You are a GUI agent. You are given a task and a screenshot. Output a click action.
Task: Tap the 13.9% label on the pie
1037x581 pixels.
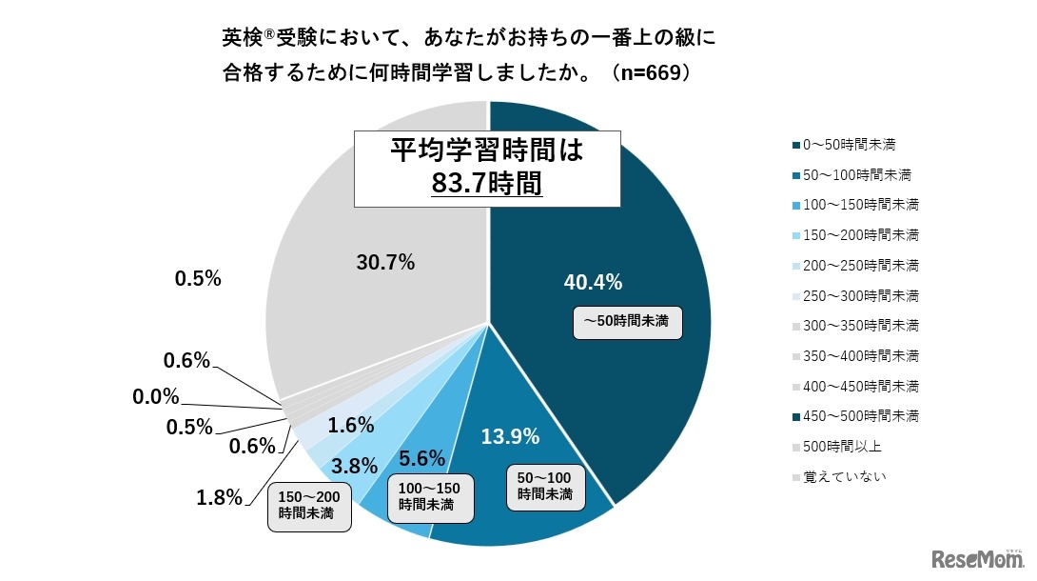coord(510,437)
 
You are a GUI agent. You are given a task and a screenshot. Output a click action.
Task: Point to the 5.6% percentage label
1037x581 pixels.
coord(421,459)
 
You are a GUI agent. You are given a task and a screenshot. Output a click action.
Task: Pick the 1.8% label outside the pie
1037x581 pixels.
coord(219,496)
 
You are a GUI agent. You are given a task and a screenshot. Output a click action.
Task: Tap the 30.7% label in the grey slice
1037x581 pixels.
coord(384,263)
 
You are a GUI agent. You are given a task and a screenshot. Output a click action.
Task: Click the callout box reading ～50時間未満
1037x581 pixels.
coord(628,322)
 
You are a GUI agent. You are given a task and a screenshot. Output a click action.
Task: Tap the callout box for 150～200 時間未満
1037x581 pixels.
coord(306,506)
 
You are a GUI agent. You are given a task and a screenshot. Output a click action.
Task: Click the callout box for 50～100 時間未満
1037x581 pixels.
coord(545,486)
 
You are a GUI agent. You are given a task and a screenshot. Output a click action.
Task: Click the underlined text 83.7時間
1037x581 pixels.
coord(486,183)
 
